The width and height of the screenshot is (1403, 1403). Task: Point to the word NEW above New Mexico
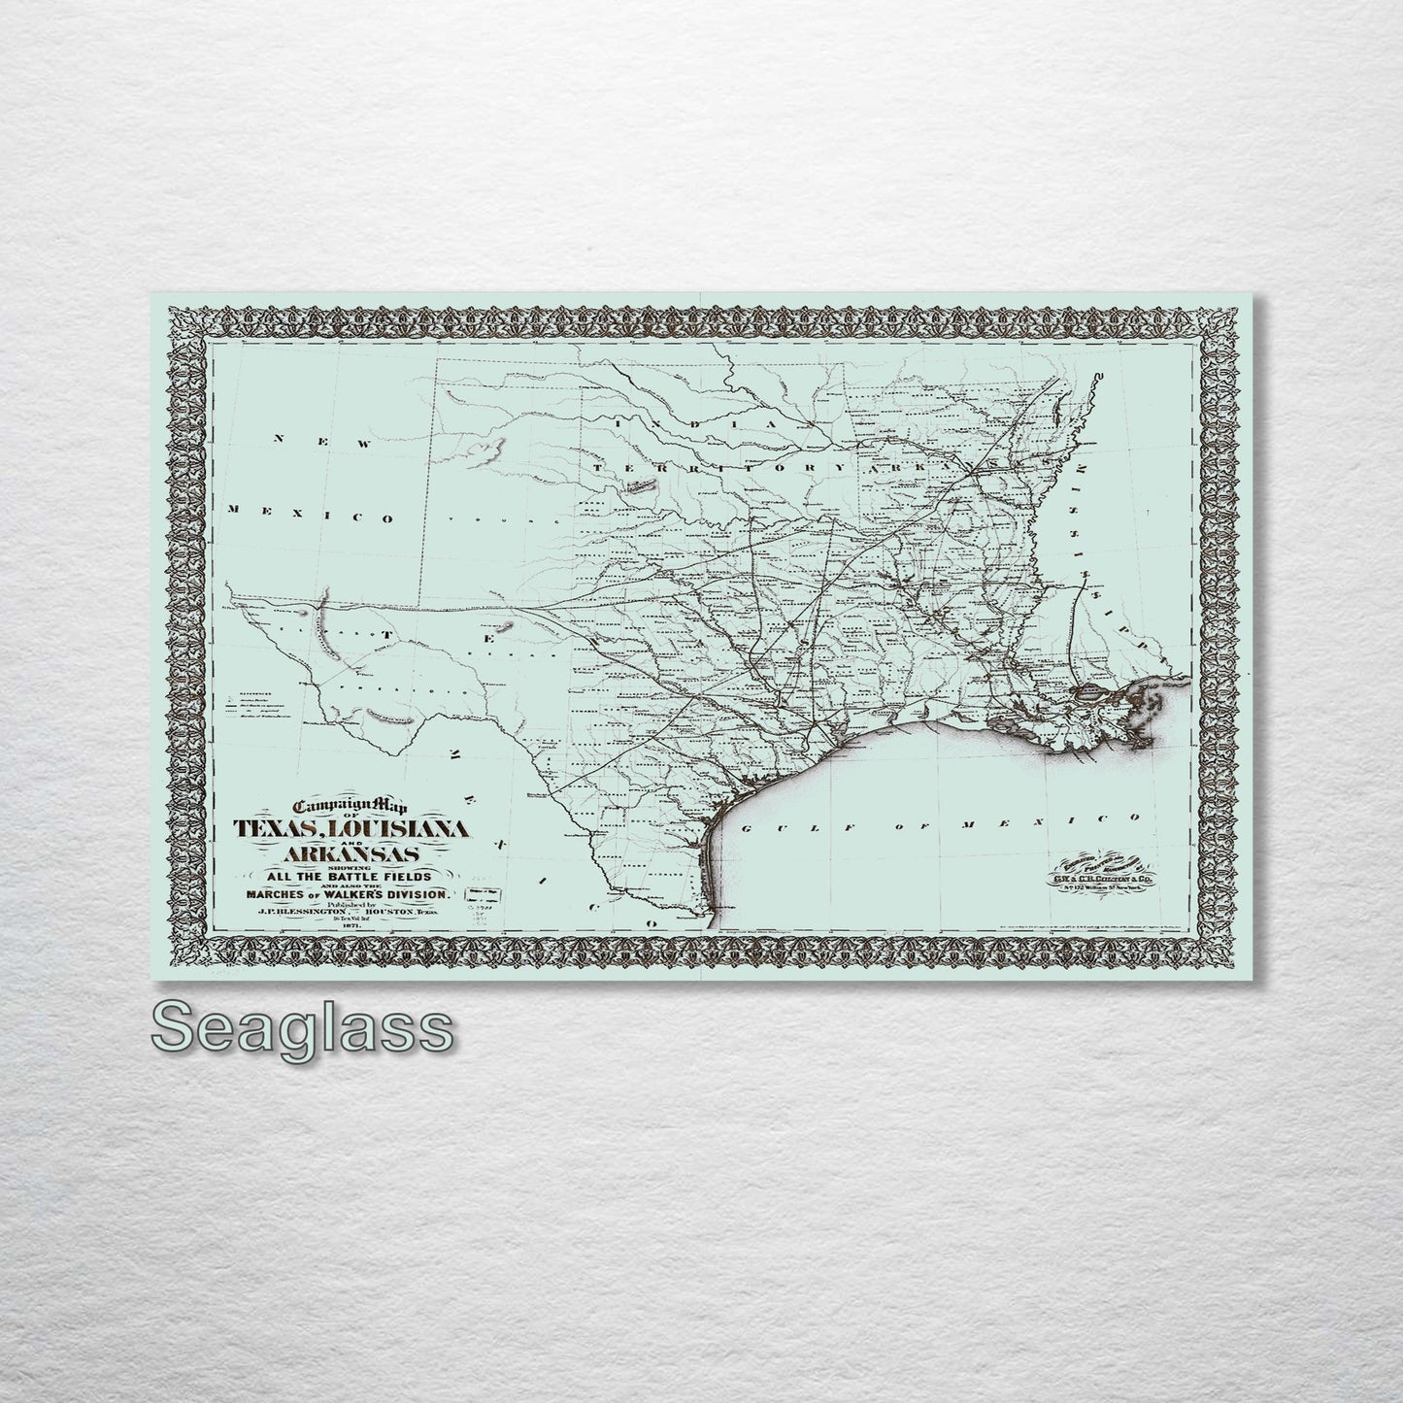323,443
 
